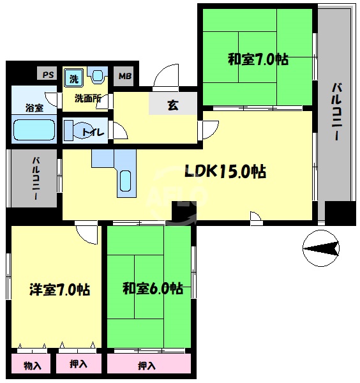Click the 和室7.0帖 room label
click(x=258, y=60)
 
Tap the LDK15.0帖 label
click(x=225, y=172)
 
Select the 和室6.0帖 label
click(x=153, y=289)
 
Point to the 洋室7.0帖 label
click(x=59, y=289)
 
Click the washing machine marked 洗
click(x=74, y=79)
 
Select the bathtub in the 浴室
click(x=34, y=129)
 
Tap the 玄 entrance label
click(x=173, y=105)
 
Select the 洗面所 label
click(x=87, y=98)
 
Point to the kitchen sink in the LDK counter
click(x=126, y=182)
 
